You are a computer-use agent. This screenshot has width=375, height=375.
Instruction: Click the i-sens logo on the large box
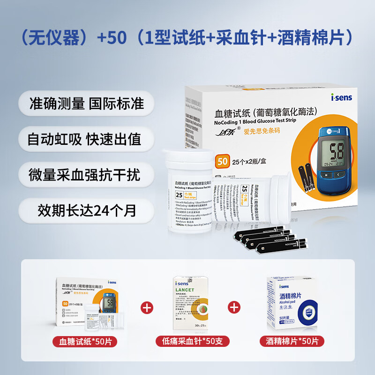click(341, 98)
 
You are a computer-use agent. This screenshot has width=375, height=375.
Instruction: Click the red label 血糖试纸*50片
click(85, 341)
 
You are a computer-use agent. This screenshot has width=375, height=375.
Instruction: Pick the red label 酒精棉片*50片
click(292, 341)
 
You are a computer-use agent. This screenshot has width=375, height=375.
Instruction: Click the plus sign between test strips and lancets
click(147, 308)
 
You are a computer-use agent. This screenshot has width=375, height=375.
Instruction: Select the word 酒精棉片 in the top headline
click(311, 37)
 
